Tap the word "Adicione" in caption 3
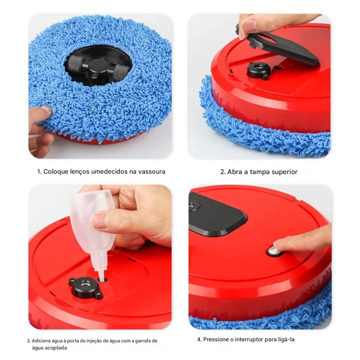coord(41,341)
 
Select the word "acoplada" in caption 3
coord(55,348)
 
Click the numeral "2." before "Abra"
coord(223,172)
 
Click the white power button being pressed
coord(273,251)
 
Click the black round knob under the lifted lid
coord(259,70)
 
